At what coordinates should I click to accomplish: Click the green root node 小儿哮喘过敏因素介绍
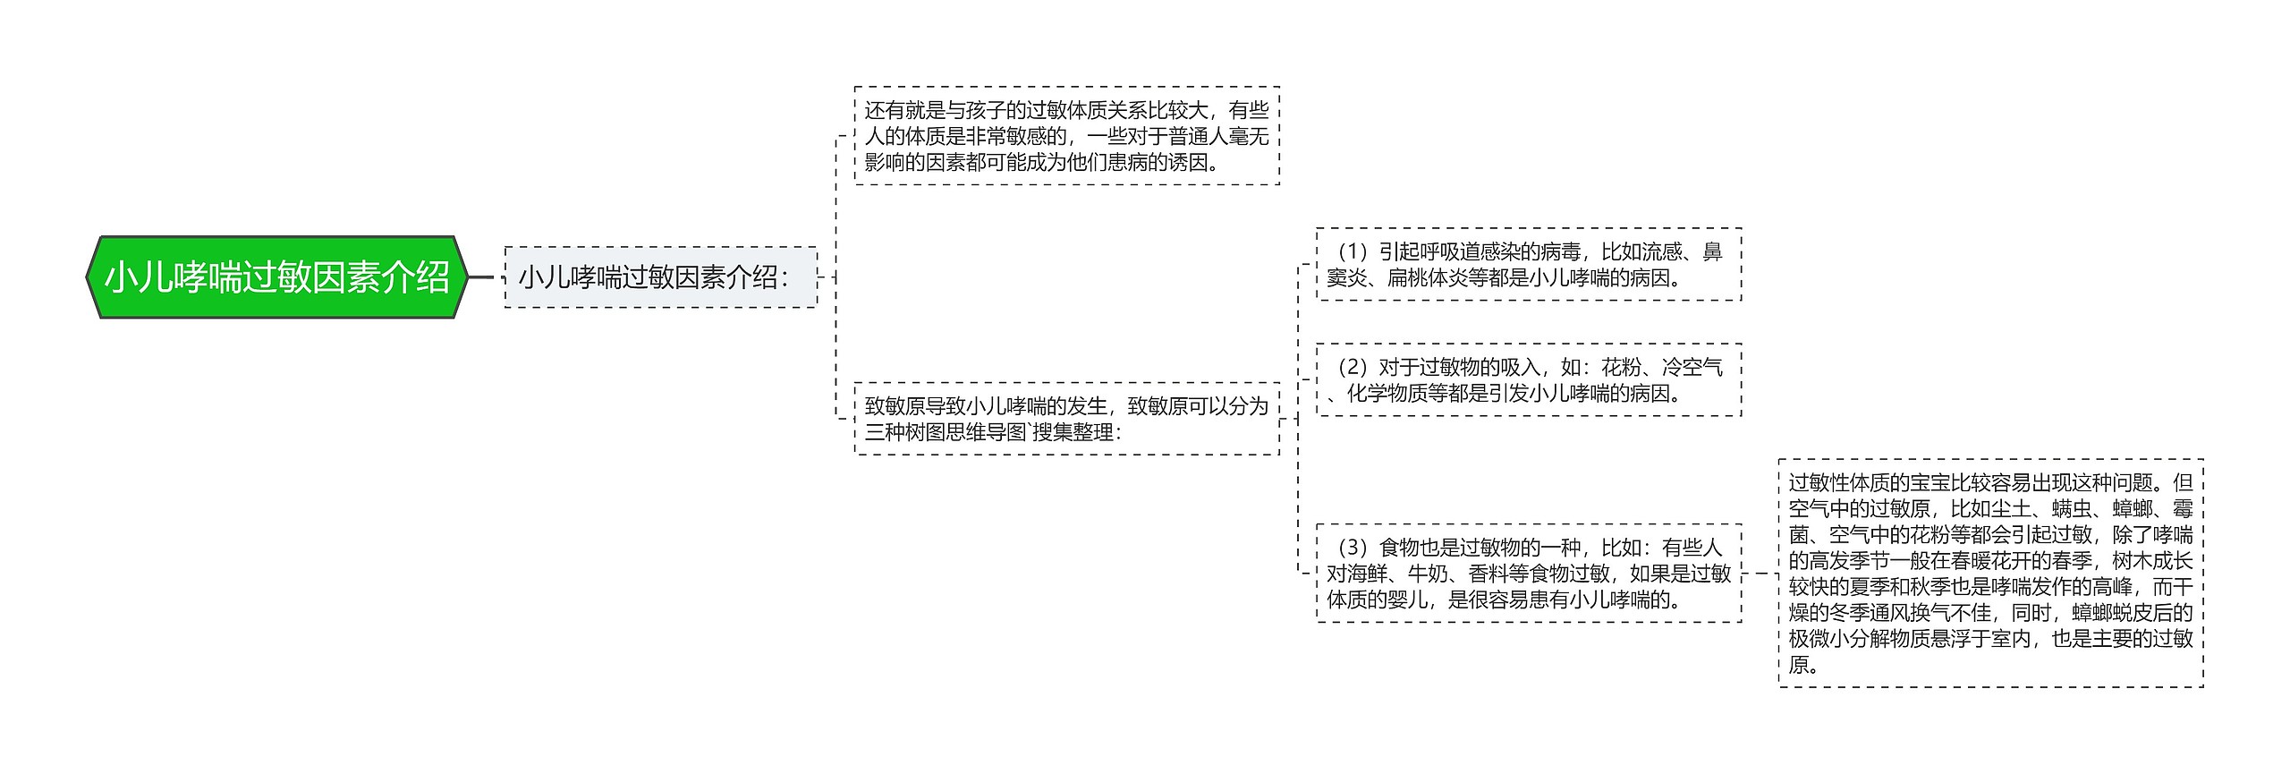click(276, 277)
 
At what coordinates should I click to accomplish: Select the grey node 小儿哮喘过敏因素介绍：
click(660, 277)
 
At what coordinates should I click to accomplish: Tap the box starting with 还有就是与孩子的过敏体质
click(1066, 136)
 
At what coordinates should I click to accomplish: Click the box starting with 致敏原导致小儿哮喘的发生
click(1066, 419)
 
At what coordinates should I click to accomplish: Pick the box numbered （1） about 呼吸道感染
click(1528, 265)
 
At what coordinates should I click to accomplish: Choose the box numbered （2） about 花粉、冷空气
click(1528, 380)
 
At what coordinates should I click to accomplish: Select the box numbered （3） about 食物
click(1528, 573)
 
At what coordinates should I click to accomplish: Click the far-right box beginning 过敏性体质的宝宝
click(1990, 573)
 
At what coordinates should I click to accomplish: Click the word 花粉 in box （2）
click(1621, 368)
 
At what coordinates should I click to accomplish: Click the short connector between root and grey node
click(480, 277)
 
